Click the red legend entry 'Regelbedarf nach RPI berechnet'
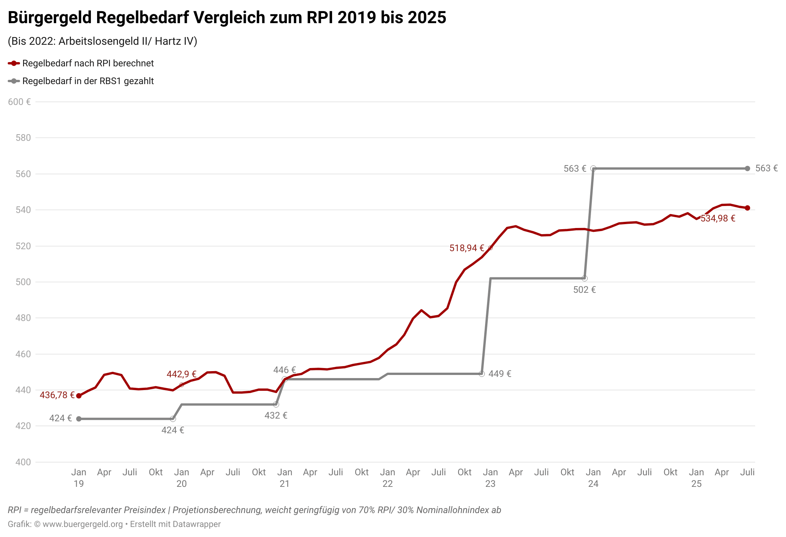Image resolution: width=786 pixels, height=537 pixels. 88,63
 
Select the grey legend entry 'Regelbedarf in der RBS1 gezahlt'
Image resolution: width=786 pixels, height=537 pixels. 88,81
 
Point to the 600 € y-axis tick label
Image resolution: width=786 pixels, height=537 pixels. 19,102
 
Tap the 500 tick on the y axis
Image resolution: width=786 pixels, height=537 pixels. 23,282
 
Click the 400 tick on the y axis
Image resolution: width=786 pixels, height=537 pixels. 23,462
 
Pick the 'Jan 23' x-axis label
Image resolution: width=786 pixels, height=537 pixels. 490,478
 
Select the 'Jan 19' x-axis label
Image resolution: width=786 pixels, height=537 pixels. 79,478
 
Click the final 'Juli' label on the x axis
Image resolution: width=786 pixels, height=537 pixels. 747,472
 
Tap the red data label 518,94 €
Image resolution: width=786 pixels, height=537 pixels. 467,248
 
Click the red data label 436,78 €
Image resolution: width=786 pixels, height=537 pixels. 57,395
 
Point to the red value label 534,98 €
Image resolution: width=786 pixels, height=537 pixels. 718,218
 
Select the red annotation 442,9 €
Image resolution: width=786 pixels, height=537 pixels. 181,374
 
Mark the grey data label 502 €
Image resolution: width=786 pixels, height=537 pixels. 584,290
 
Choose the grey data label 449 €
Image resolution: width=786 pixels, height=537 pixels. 500,374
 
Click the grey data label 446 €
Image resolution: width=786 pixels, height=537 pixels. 285,370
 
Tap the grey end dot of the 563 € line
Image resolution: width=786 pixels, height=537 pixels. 747,169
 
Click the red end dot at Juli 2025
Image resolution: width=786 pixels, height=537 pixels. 747,208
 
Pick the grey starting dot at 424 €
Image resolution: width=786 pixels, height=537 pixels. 79,419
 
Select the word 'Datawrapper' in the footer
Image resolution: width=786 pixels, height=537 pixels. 196,524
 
